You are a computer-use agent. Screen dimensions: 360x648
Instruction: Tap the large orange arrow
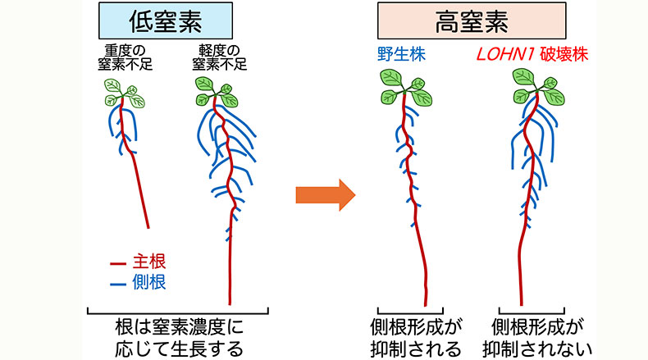point(323,195)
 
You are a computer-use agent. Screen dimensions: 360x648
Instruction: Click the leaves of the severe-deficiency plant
point(123,93)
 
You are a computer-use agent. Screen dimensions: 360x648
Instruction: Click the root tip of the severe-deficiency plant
point(148,226)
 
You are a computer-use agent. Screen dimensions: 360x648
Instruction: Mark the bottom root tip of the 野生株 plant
point(425,303)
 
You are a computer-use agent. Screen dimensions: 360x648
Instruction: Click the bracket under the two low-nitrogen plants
point(178,312)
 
